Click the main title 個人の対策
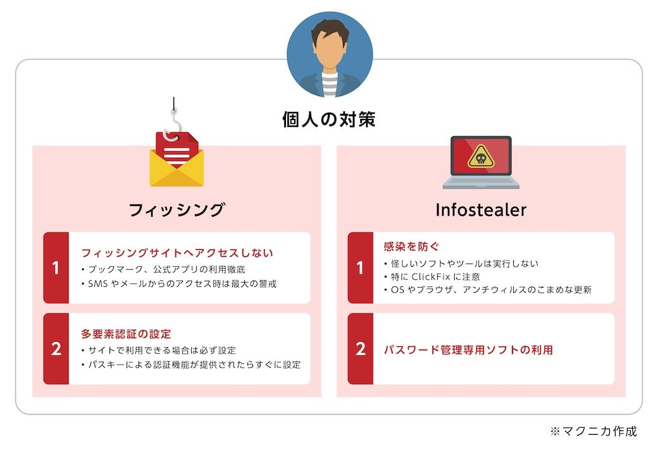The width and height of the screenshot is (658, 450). [328, 119]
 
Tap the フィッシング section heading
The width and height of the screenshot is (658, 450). [177, 210]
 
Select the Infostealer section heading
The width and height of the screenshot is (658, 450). [481, 210]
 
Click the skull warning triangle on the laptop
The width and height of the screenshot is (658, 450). [481, 157]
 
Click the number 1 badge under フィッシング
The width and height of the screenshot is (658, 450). [56, 267]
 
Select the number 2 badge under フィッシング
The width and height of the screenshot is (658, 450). [56, 348]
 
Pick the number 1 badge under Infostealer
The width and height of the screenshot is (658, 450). [361, 267]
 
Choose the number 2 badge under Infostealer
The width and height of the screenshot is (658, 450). [361, 348]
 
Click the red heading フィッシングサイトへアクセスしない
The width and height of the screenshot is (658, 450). [177, 253]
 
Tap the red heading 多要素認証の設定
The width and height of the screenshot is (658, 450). [126, 334]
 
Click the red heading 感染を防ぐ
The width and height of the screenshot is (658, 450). [411, 246]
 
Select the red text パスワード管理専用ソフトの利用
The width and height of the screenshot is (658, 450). [468, 350]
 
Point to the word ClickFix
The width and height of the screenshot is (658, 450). [431, 277]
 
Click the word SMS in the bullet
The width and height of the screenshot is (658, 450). [98, 284]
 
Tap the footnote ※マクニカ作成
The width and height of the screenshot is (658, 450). [593, 431]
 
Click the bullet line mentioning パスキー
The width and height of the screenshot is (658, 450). [191, 365]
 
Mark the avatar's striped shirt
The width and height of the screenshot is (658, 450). [330, 84]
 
